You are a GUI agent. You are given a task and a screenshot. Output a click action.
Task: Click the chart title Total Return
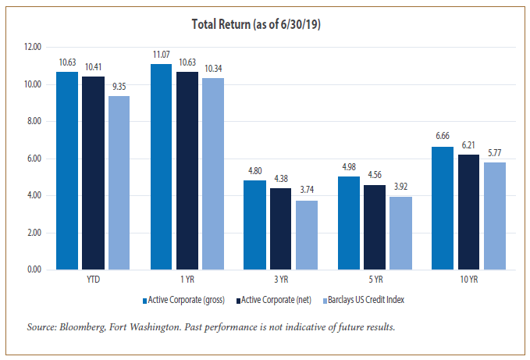265,24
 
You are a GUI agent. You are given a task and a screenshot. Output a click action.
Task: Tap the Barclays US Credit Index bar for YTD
119,183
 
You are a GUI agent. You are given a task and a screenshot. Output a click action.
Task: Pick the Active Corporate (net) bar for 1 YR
187,171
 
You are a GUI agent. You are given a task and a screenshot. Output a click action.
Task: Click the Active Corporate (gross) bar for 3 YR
254,225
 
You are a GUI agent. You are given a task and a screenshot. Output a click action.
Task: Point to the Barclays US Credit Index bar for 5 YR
401,233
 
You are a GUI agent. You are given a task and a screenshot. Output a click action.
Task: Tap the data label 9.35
119,87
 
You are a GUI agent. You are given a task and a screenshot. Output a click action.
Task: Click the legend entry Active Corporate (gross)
183,300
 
